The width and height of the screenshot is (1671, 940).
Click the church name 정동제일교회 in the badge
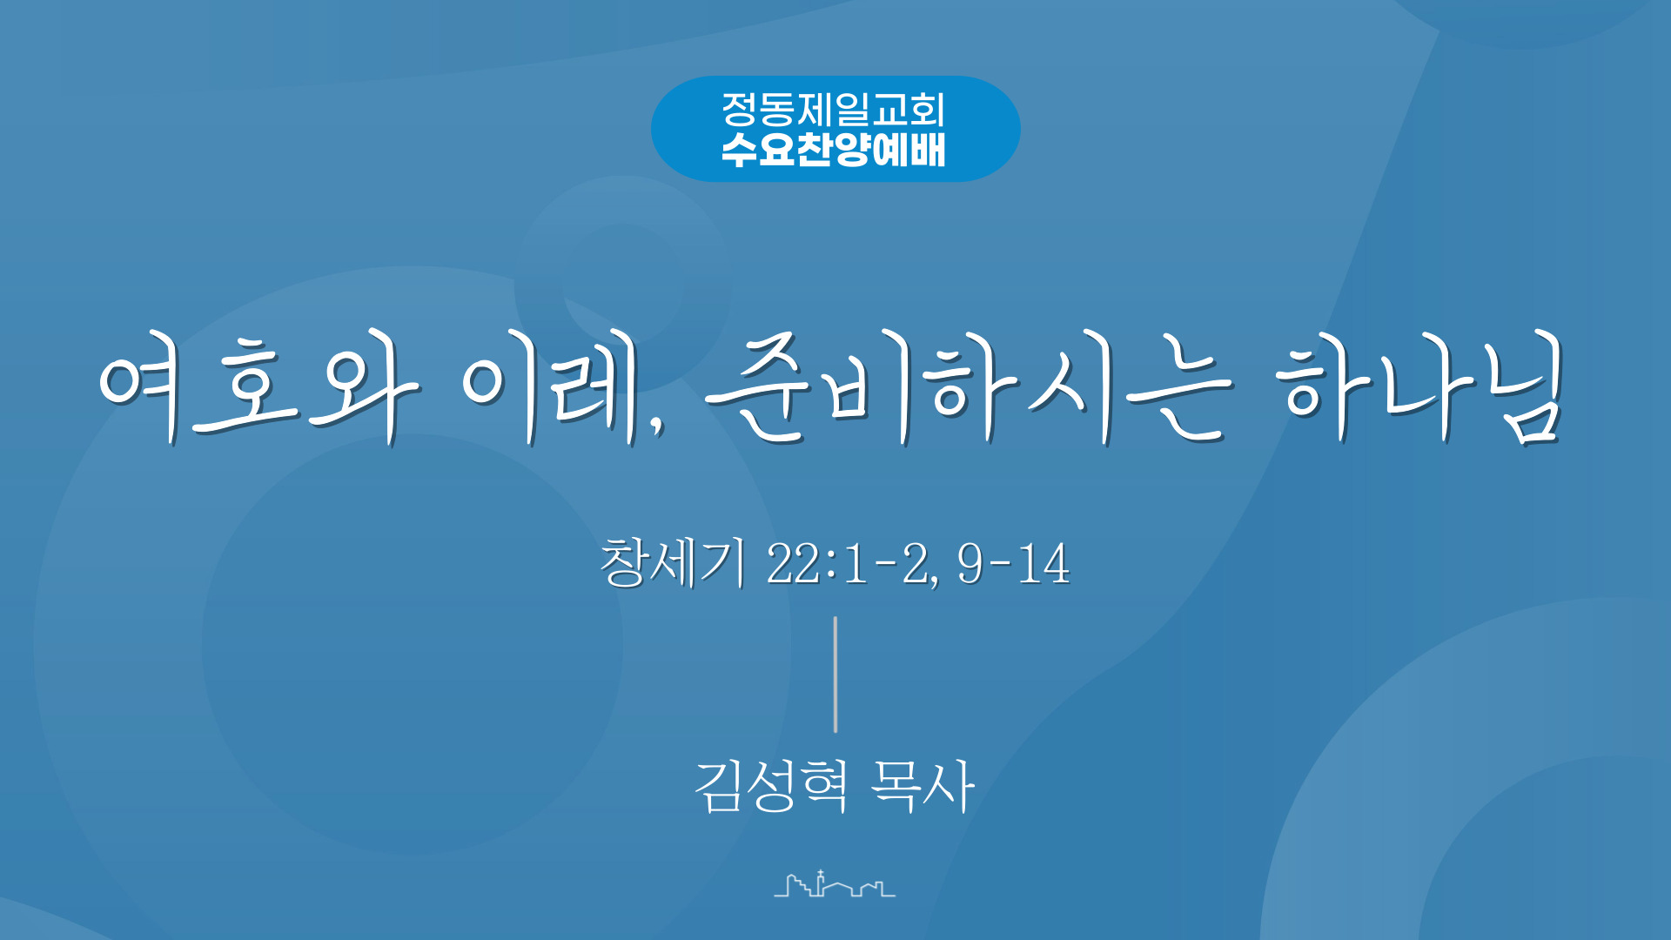(833, 110)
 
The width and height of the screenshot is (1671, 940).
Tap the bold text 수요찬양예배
(833, 150)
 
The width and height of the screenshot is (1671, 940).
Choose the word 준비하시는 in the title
(969, 387)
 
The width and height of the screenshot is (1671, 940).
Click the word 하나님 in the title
(1420, 387)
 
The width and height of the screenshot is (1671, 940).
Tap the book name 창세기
(673, 563)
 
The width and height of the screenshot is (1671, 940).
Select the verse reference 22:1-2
(853, 564)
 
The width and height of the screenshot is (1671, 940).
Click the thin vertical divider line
(835, 675)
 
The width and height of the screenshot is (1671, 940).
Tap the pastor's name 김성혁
(771, 786)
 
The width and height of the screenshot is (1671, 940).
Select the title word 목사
(923, 786)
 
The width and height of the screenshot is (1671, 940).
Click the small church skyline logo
(835, 883)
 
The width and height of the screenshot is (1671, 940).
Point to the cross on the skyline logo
(821, 873)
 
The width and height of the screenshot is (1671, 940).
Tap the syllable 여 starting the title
(139, 387)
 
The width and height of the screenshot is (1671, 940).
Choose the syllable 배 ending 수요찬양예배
(928, 150)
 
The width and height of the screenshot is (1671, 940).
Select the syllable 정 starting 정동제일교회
(739, 110)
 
